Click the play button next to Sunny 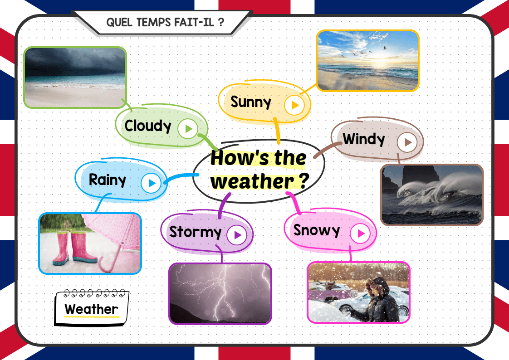pyautogui.click(x=294, y=105)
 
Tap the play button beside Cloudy pyautogui.click(x=188, y=129)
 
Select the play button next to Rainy pyautogui.click(x=151, y=183)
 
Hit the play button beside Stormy pyautogui.click(x=237, y=234)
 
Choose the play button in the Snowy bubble pyautogui.click(x=360, y=233)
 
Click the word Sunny pyautogui.click(x=250, y=102)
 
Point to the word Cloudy pyautogui.click(x=148, y=126)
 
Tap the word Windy pyautogui.click(x=363, y=139)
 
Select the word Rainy pyautogui.click(x=108, y=180)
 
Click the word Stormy pyautogui.click(x=195, y=232)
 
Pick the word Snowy pyautogui.click(x=317, y=231)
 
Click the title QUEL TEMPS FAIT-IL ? pyautogui.click(x=165, y=22)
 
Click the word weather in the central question pyautogui.click(x=253, y=181)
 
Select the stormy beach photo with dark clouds pyautogui.click(x=75, y=77)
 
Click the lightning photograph pyautogui.click(x=220, y=293)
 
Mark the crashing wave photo pyautogui.click(x=432, y=195)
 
